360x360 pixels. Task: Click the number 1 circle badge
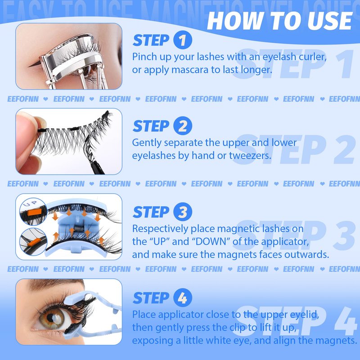click(x=183, y=40)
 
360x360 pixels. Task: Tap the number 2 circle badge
click(x=183, y=126)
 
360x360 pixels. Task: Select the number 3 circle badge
click(x=183, y=211)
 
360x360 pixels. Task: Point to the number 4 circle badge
click(x=183, y=297)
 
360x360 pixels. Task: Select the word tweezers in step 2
click(x=250, y=156)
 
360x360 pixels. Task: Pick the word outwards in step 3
click(x=307, y=255)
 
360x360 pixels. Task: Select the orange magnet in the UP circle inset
click(x=35, y=212)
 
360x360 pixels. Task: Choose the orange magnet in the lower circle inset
click(x=34, y=242)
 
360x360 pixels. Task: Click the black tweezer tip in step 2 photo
click(x=97, y=167)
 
